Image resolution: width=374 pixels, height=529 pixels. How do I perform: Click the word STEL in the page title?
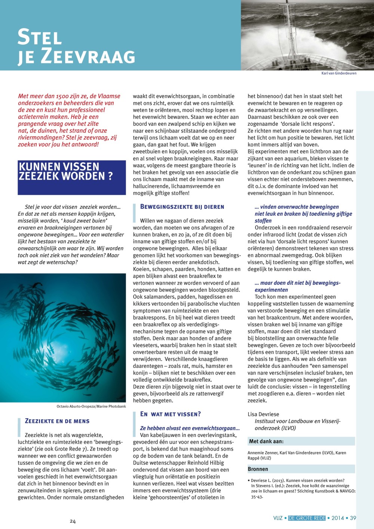[40, 37]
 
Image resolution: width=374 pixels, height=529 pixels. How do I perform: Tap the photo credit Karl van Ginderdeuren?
[339, 73]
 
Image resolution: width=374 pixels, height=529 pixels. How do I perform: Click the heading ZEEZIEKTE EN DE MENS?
[57, 421]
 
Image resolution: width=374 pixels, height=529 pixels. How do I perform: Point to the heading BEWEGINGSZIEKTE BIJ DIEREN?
[182, 207]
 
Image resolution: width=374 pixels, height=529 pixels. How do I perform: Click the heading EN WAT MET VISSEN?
[171, 414]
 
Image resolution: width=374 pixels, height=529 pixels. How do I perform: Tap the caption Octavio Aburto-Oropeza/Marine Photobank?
[91, 406]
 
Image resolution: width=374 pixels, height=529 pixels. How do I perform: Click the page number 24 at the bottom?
[73, 522]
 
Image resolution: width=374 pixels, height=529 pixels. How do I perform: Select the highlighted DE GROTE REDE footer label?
[307, 518]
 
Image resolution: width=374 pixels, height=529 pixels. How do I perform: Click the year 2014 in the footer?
[337, 518]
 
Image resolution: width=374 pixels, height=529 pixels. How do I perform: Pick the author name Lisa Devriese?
[263, 414]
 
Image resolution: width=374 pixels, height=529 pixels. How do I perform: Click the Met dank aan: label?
[266, 441]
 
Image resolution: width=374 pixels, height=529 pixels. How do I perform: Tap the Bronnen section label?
[258, 469]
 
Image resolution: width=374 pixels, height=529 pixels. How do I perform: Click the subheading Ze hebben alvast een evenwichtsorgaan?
[190, 428]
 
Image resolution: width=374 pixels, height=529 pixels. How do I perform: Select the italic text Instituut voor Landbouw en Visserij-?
[298, 421]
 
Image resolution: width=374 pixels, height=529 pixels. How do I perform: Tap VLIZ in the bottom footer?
[278, 518]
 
